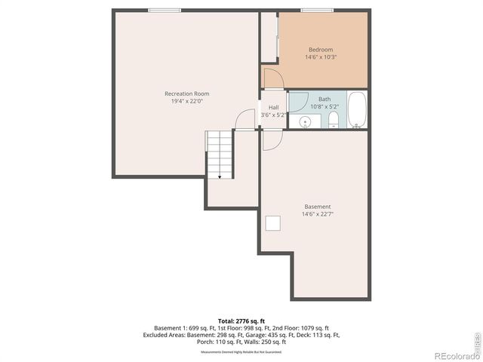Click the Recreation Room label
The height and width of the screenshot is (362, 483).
click(x=186, y=94)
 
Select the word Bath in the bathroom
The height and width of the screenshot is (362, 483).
click(x=324, y=99)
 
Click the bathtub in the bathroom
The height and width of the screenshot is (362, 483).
click(x=357, y=110)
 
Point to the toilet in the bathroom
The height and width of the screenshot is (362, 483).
click(x=334, y=121)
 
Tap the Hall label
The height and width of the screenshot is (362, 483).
click(x=273, y=107)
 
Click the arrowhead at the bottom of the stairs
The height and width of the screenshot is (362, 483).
click(x=220, y=176)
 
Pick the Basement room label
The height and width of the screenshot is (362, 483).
click(x=317, y=207)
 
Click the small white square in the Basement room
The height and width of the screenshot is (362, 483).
click(x=273, y=222)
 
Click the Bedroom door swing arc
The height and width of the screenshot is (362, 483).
click(x=272, y=77)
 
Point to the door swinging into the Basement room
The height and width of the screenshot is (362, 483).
click(x=272, y=140)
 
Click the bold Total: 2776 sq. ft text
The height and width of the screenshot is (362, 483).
click(x=241, y=321)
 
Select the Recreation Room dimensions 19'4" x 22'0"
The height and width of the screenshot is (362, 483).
click(x=186, y=101)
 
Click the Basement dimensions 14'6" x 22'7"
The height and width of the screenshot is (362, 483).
click(x=317, y=214)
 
